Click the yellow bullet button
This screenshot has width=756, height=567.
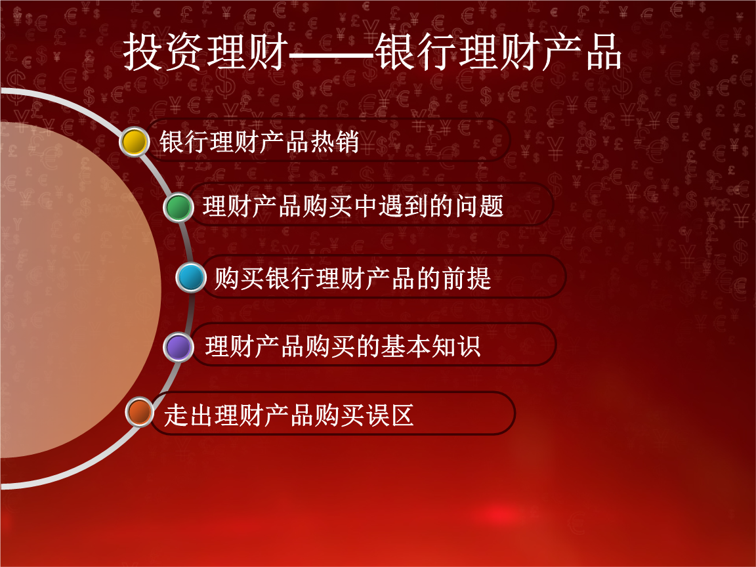click(x=135, y=142)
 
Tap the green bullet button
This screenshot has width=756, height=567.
click(x=178, y=207)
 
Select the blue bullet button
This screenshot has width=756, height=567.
click(x=192, y=278)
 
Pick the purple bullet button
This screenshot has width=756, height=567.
click(x=178, y=346)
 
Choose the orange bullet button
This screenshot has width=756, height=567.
click(x=139, y=412)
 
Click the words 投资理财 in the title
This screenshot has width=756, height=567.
click(x=205, y=52)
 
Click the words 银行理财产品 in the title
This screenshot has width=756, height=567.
click(x=498, y=52)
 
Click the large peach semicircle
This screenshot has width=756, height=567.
click(x=72, y=289)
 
